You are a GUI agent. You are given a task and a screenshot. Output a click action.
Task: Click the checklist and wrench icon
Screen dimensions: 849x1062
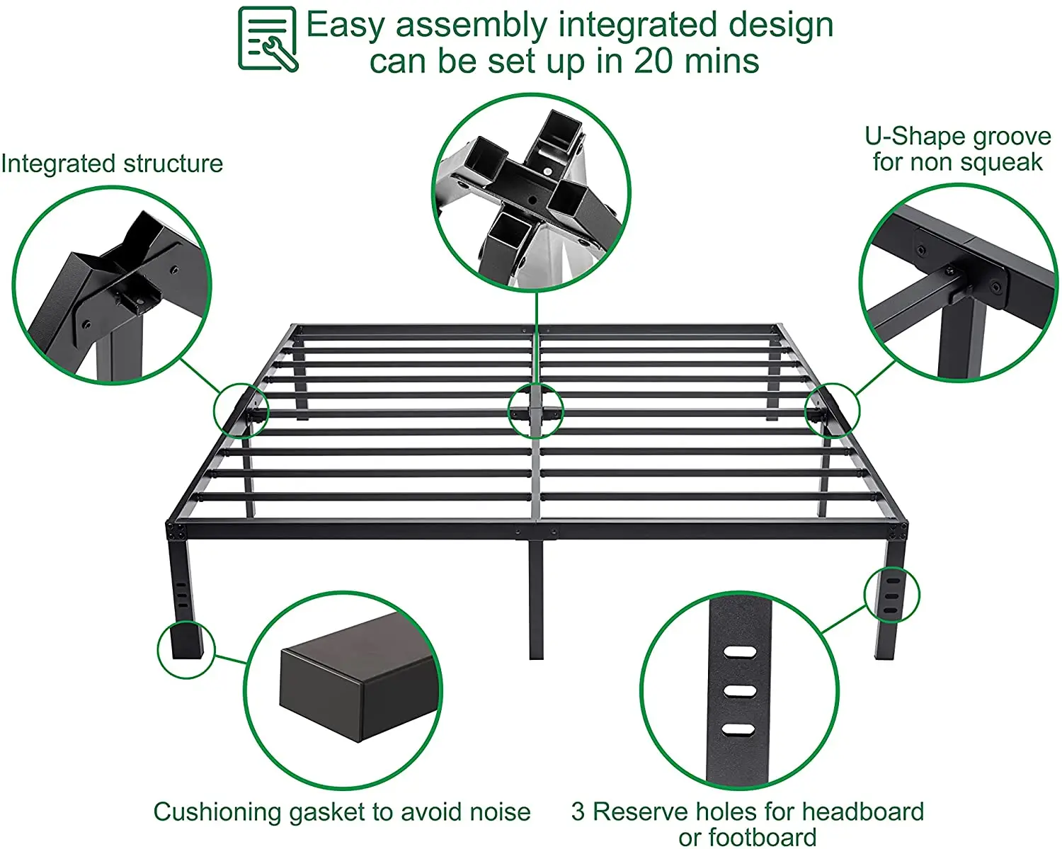click(x=268, y=39)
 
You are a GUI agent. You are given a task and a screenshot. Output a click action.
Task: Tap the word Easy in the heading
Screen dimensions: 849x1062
click(x=346, y=26)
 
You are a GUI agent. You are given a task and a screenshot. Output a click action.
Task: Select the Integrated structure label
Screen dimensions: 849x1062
click(x=112, y=164)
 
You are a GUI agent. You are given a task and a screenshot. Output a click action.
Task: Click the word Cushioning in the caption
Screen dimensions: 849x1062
click(x=217, y=811)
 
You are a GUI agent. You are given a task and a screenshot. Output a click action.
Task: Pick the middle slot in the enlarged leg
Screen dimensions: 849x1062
click(x=738, y=690)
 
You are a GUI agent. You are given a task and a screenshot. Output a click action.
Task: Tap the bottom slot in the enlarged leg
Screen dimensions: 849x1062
click(x=738, y=729)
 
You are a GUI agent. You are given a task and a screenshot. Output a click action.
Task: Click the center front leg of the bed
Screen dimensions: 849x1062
click(x=536, y=598)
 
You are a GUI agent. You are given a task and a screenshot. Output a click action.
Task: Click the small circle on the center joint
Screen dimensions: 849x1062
click(x=536, y=410)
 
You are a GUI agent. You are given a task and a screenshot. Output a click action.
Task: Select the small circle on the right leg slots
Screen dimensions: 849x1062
click(x=891, y=595)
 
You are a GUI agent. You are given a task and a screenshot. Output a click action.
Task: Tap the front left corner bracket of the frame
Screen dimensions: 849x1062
click(x=175, y=530)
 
